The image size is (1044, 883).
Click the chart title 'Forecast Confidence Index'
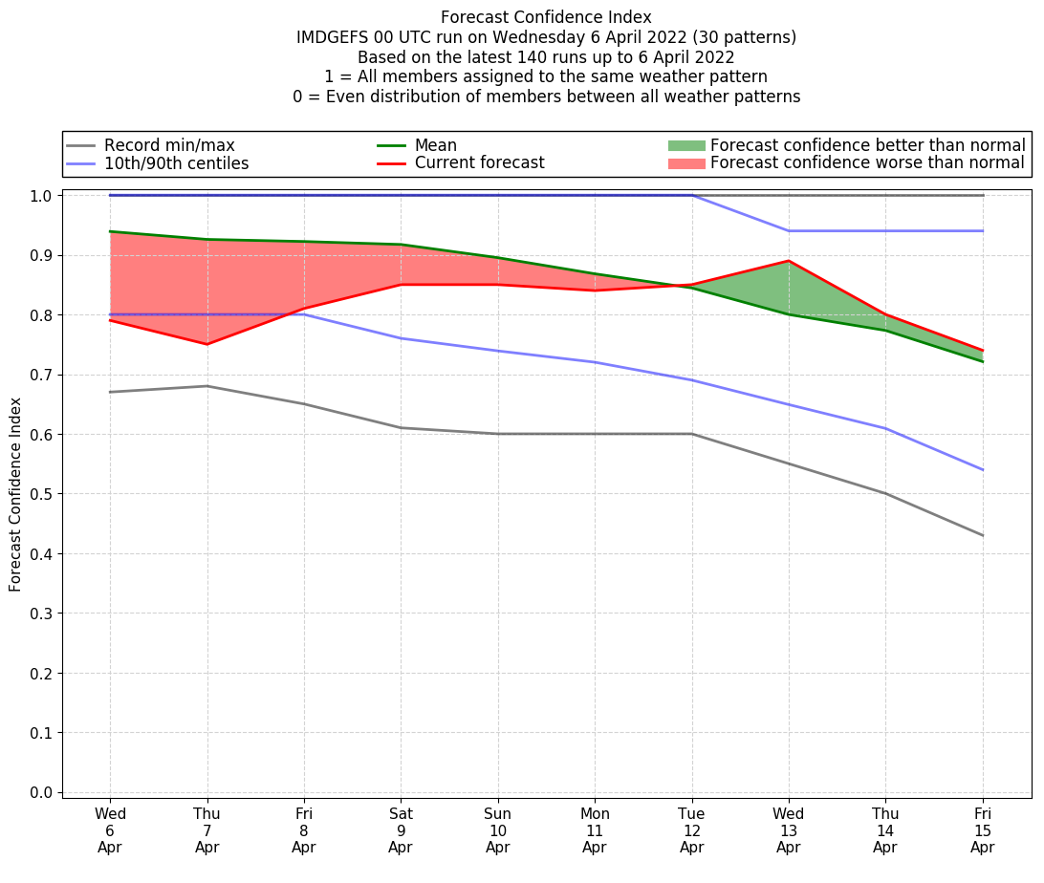[x=546, y=17]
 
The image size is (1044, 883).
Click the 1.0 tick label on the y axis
[x=42, y=195]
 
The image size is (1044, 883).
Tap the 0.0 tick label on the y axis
[x=42, y=792]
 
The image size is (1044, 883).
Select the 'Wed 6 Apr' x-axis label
[x=110, y=830]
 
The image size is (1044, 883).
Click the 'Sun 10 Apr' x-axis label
[x=497, y=830]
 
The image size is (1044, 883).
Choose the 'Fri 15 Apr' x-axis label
[x=982, y=830]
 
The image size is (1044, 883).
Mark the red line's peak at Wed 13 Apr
[x=789, y=261]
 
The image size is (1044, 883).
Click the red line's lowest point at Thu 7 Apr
[x=207, y=344]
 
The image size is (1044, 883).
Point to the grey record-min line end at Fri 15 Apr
[x=983, y=535]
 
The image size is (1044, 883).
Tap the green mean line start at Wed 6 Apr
[x=110, y=231]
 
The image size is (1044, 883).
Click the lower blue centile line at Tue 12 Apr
[x=691, y=380]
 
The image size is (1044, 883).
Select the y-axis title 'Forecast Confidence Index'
[x=16, y=495]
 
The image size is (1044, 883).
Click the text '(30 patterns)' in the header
[x=749, y=37]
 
